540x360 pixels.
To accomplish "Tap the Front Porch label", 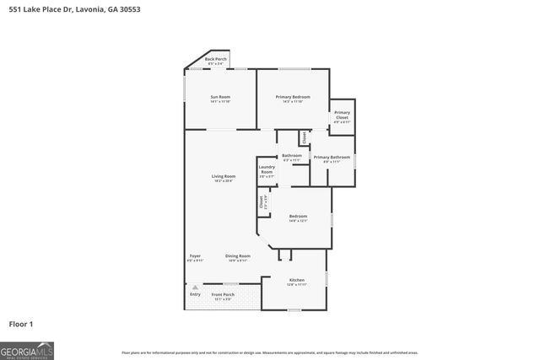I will coord(222,296).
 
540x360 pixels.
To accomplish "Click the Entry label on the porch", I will coord(195,294).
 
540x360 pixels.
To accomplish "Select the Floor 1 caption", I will coord(20,323).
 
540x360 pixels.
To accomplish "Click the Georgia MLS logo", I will coord(27,350).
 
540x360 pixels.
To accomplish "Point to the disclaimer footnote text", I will coord(269,353).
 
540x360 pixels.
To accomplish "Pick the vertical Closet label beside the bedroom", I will coord(262,202).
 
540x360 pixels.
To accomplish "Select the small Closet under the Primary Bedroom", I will coord(304,137).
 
